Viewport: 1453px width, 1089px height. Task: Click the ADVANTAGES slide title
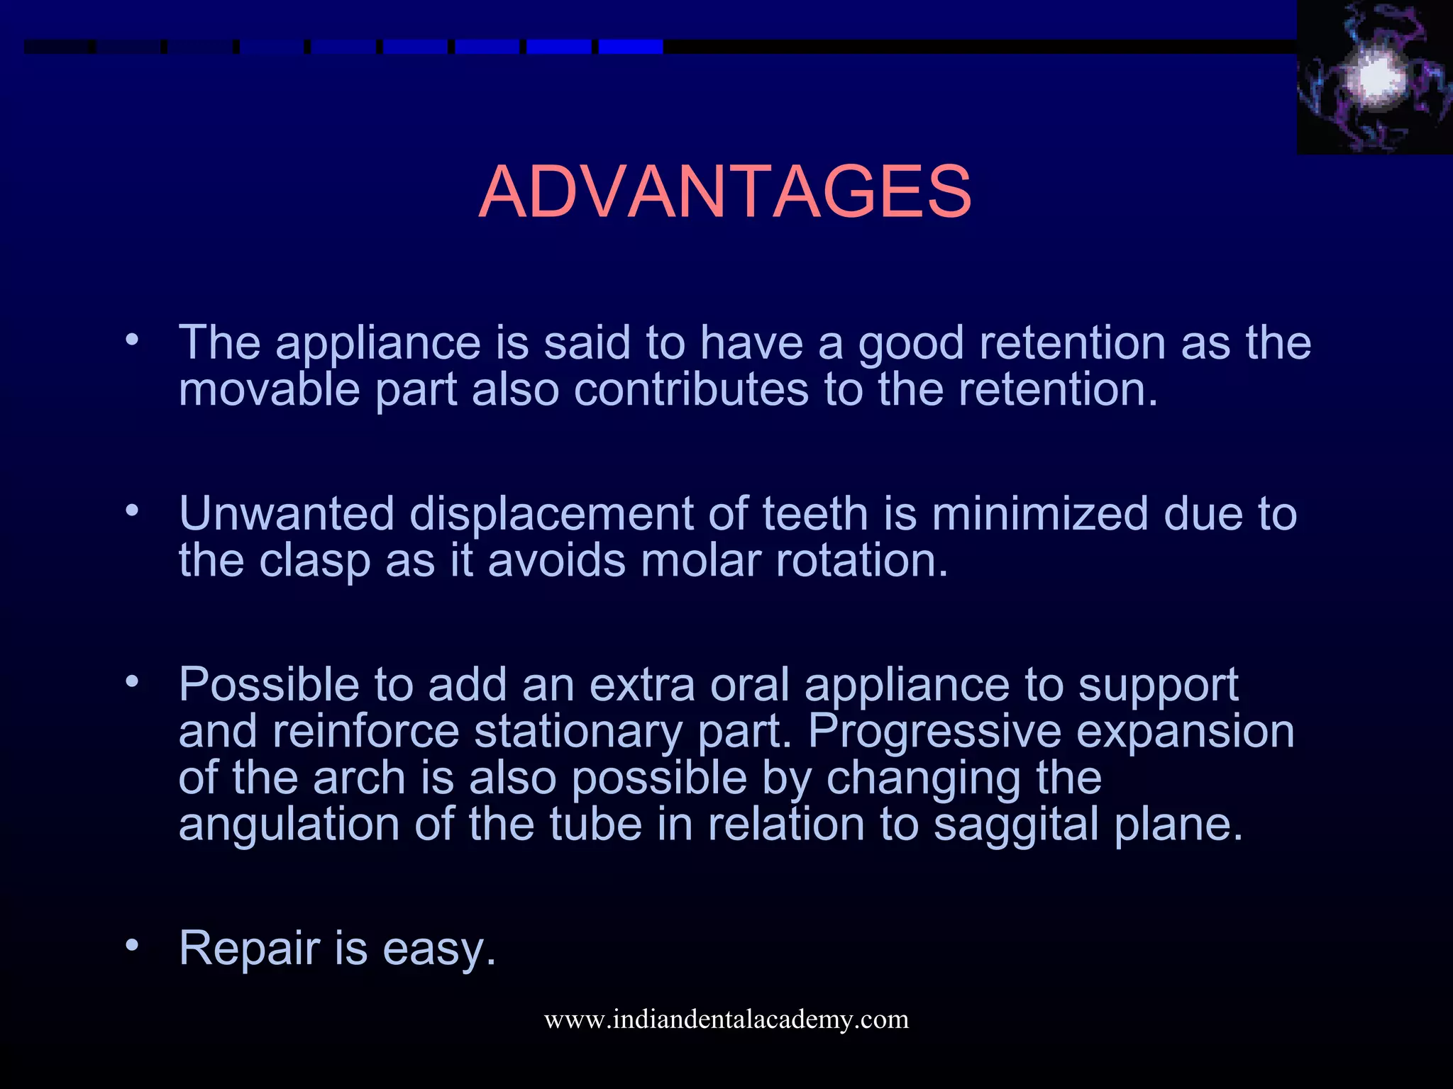tap(725, 191)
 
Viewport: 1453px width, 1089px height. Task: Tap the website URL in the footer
tap(726, 1019)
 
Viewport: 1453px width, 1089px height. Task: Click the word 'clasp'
tap(314, 561)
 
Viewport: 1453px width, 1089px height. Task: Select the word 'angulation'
tap(289, 825)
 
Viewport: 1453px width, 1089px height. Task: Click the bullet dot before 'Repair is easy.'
tap(131, 945)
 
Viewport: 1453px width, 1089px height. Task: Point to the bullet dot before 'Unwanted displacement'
tap(131, 510)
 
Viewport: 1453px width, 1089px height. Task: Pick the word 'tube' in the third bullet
tap(595, 824)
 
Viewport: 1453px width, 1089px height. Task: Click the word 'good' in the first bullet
tap(911, 343)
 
